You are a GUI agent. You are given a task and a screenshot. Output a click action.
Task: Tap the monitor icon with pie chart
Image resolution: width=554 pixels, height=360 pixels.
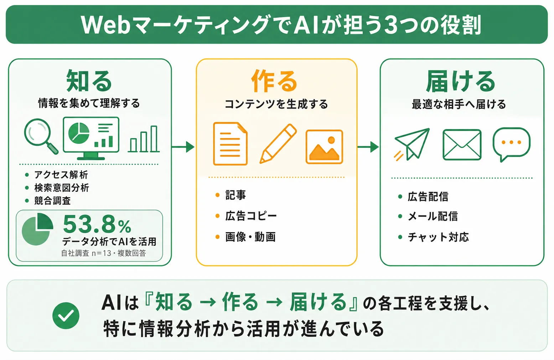click(x=91, y=138)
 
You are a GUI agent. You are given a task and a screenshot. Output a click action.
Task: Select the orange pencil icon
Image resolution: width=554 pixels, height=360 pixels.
click(x=278, y=144)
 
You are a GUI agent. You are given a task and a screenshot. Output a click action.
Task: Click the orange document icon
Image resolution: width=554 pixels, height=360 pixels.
click(x=230, y=144)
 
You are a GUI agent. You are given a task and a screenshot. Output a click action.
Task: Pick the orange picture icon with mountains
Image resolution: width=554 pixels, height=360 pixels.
click(x=324, y=147)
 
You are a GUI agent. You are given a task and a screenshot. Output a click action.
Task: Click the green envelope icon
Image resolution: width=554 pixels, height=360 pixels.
click(x=462, y=145)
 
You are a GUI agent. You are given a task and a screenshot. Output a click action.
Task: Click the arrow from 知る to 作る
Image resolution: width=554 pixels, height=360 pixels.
click(x=183, y=147)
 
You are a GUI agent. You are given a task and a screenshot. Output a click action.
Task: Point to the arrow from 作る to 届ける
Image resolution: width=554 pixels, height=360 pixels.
click(x=368, y=147)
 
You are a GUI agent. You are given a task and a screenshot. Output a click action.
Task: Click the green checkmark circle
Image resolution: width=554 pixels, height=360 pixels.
click(x=66, y=315)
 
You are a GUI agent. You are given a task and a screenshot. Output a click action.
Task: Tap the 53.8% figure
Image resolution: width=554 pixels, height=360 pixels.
click(x=97, y=224)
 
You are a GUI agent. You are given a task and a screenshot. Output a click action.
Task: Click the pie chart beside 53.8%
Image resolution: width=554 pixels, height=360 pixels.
click(x=37, y=229)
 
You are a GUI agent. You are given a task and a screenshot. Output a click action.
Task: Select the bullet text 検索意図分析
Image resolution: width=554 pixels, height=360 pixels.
click(x=62, y=188)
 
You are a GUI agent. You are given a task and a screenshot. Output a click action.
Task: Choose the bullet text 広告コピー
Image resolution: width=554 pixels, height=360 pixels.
click(x=251, y=216)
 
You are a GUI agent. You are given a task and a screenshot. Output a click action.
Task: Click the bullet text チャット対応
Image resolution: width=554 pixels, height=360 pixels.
click(x=438, y=237)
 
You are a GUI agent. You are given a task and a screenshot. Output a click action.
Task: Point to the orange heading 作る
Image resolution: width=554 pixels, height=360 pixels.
click(x=274, y=81)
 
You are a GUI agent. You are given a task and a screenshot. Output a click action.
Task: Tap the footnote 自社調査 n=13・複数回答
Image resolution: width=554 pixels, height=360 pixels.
click(x=103, y=253)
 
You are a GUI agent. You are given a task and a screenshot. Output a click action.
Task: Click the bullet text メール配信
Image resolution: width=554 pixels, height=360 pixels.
click(x=433, y=216)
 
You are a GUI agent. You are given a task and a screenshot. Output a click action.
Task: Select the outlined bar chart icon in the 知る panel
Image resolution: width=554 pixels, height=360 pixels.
click(x=144, y=139)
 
